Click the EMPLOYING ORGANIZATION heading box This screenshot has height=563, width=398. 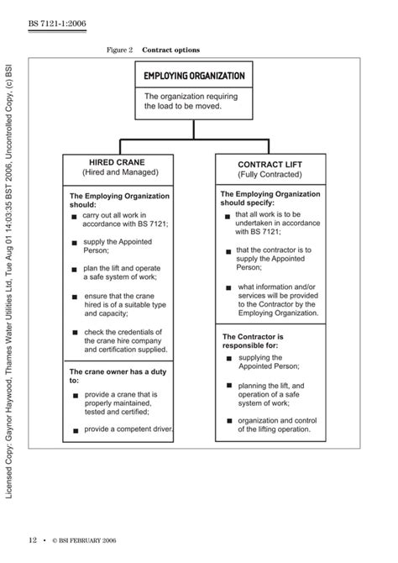194,76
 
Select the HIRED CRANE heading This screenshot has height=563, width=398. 117,161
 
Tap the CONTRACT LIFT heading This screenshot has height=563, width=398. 264,165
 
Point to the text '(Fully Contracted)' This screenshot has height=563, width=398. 265,175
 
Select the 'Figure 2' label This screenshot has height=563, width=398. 120,50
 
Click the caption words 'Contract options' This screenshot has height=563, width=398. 170,50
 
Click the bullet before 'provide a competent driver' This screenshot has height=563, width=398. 75,429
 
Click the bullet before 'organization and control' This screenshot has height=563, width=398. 228,422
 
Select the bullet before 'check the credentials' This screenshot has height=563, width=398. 75,333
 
